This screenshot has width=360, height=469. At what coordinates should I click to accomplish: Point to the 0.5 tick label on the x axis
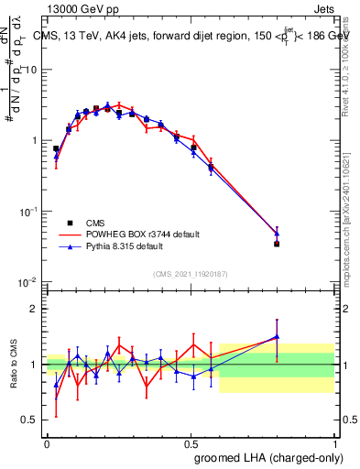pyautogui.click(x=191, y=442)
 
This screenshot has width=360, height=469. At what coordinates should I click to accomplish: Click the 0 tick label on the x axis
pyautogui.click(x=47, y=442)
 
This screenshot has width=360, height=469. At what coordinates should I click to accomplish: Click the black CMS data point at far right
pyautogui.click(x=277, y=244)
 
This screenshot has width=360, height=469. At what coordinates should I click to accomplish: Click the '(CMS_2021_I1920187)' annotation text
pyautogui.click(x=191, y=273)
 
